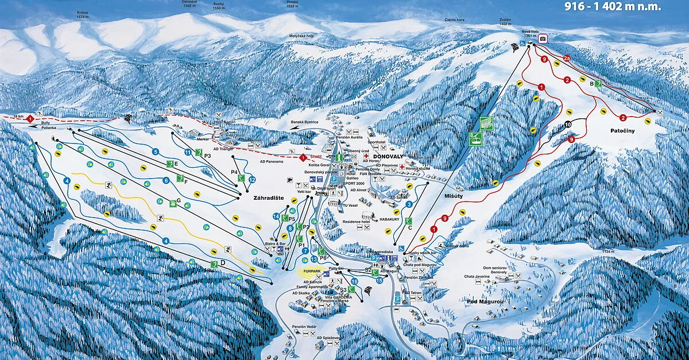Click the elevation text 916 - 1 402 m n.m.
tap(612, 7)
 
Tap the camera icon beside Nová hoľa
tap(543, 38)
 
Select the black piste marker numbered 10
tap(568, 124)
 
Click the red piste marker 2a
tap(567, 58)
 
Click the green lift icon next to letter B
tap(598, 83)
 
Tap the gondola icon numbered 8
tap(475, 138)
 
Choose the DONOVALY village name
tap(390, 156)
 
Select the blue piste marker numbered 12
tap(252, 179)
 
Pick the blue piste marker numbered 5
tap(155, 152)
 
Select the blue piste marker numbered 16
tap(354, 281)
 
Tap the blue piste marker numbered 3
tap(409, 204)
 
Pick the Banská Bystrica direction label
tap(304, 121)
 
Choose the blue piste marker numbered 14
tap(276, 216)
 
